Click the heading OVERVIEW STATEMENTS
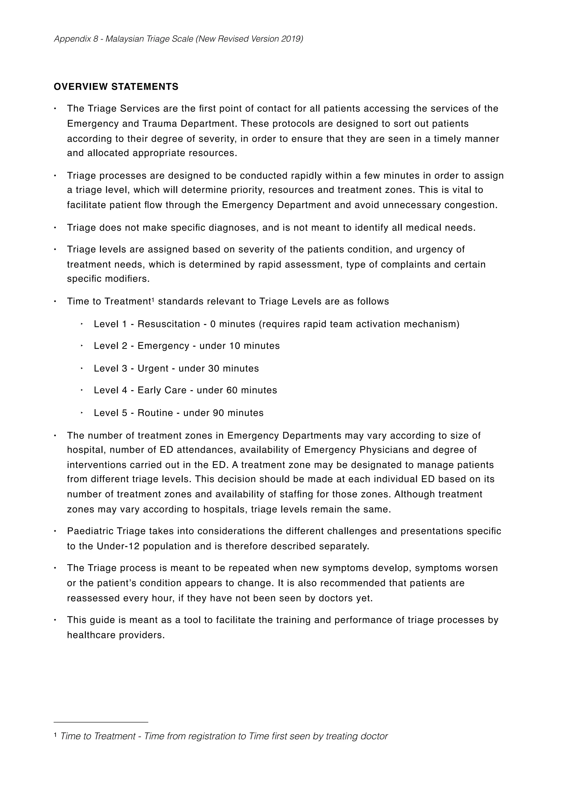pos(116,87)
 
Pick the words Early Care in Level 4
pos(162,390)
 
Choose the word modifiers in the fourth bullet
pos(127,279)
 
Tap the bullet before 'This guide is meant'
pos(55,620)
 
